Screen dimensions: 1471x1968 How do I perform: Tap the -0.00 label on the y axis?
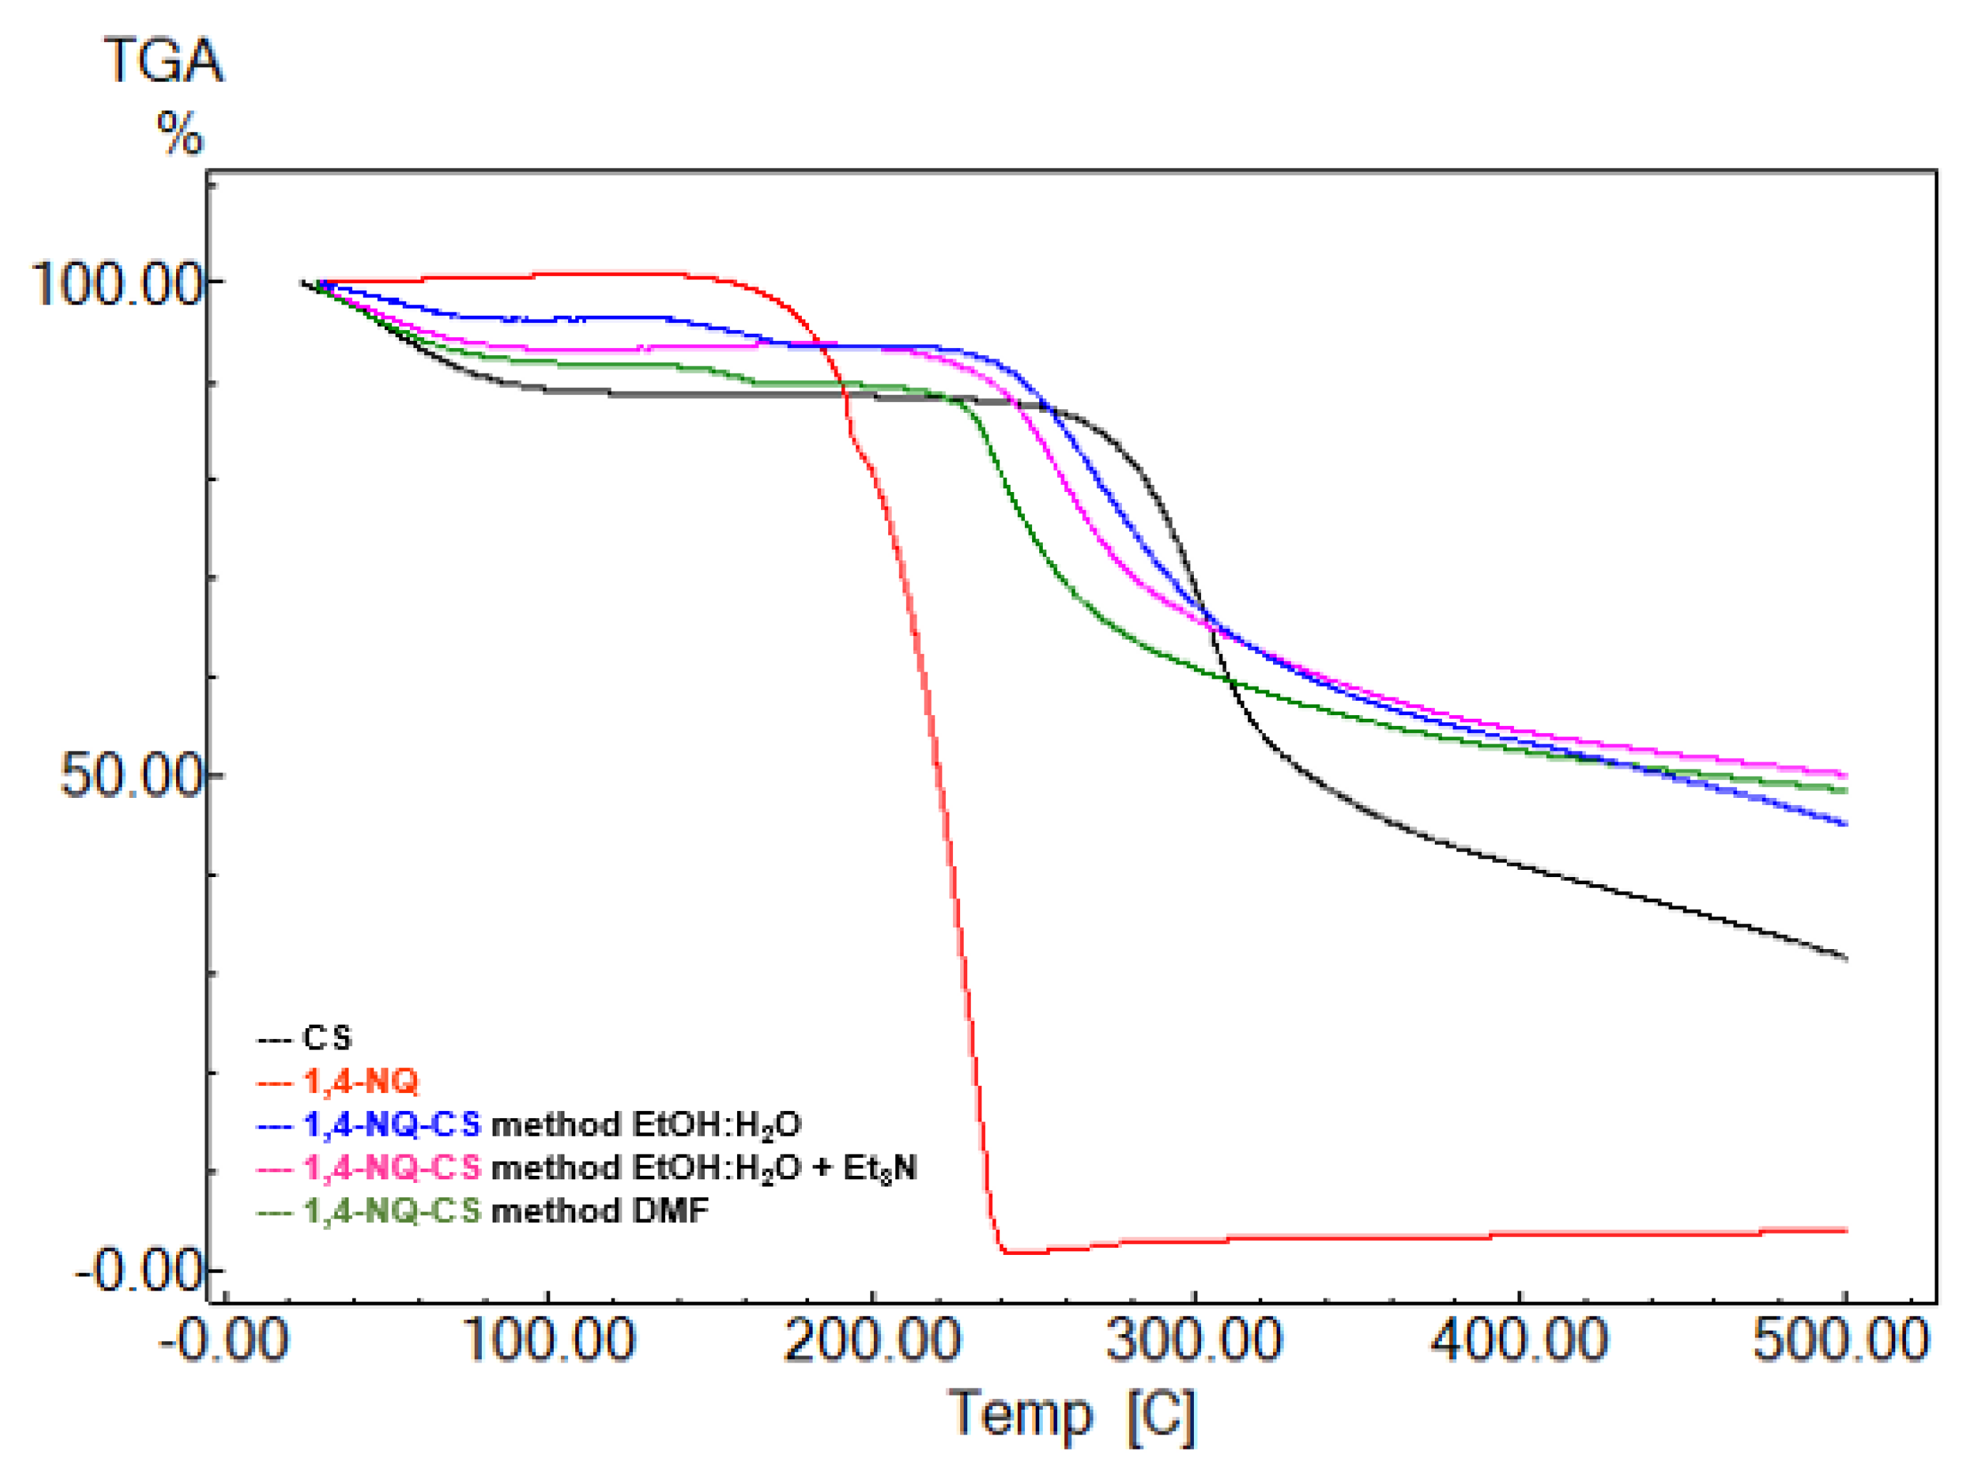point(138,1270)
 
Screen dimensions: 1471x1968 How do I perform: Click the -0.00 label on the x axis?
point(223,1339)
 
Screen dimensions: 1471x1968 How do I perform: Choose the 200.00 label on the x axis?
point(872,1339)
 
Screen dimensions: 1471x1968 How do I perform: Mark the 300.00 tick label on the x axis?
point(1194,1339)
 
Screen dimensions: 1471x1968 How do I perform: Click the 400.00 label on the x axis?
point(1519,1339)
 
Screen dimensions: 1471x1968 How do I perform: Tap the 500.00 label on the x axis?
point(1841,1339)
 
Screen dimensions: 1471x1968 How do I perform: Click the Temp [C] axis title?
point(1073,1414)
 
